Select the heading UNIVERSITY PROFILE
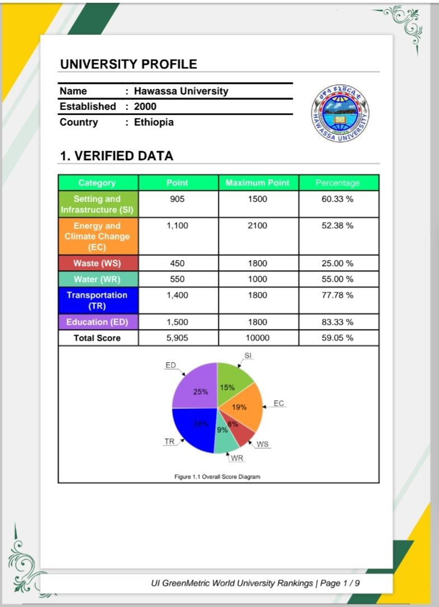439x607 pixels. (x=128, y=64)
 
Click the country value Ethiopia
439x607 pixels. (x=154, y=122)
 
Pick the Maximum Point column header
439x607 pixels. (x=258, y=183)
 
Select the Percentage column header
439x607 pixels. (x=338, y=183)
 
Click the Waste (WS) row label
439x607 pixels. (x=97, y=263)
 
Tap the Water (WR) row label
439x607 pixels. (x=97, y=279)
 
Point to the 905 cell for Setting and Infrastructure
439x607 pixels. (x=177, y=199)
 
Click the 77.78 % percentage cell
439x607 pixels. (x=338, y=295)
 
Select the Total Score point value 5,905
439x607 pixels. (x=177, y=338)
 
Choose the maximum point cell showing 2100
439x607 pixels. (x=258, y=226)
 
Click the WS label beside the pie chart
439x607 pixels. (x=263, y=444)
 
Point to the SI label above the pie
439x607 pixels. (x=248, y=356)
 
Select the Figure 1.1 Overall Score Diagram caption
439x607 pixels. (x=217, y=477)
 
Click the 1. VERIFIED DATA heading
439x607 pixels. (x=116, y=156)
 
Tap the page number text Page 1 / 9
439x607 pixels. (x=340, y=583)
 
